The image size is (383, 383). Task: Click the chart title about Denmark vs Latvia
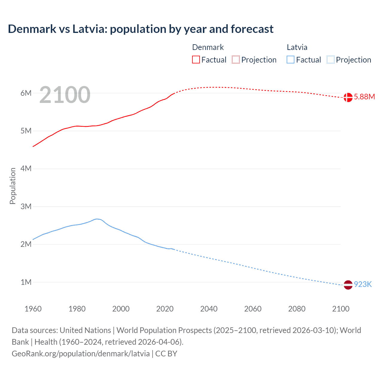(x=141, y=29)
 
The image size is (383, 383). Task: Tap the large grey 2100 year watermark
(x=65, y=95)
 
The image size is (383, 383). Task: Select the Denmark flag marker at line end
(x=348, y=97)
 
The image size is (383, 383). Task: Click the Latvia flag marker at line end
(x=348, y=285)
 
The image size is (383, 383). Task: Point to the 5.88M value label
(x=364, y=97)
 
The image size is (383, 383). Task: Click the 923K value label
(x=363, y=284)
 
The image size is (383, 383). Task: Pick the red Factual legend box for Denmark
(x=196, y=60)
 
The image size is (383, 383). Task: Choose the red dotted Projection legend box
(x=236, y=60)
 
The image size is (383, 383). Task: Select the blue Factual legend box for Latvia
(x=291, y=60)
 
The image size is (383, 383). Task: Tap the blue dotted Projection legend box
(x=331, y=60)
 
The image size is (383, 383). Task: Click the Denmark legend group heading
(x=208, y=47)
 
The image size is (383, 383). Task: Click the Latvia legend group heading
(x=297, y=47)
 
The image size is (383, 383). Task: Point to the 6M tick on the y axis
(x=26, y=93)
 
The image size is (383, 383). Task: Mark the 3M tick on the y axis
(x=26, y=206)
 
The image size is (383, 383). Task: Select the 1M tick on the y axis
(x=26, y=282)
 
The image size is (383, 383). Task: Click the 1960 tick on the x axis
(x=33, y=309)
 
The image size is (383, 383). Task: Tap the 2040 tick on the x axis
(x=209, y=309)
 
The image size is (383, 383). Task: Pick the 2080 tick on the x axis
(x=297, y=309)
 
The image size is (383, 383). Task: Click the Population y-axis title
(x=13, y=186)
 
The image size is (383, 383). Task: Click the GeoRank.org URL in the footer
(x=81, y=354)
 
